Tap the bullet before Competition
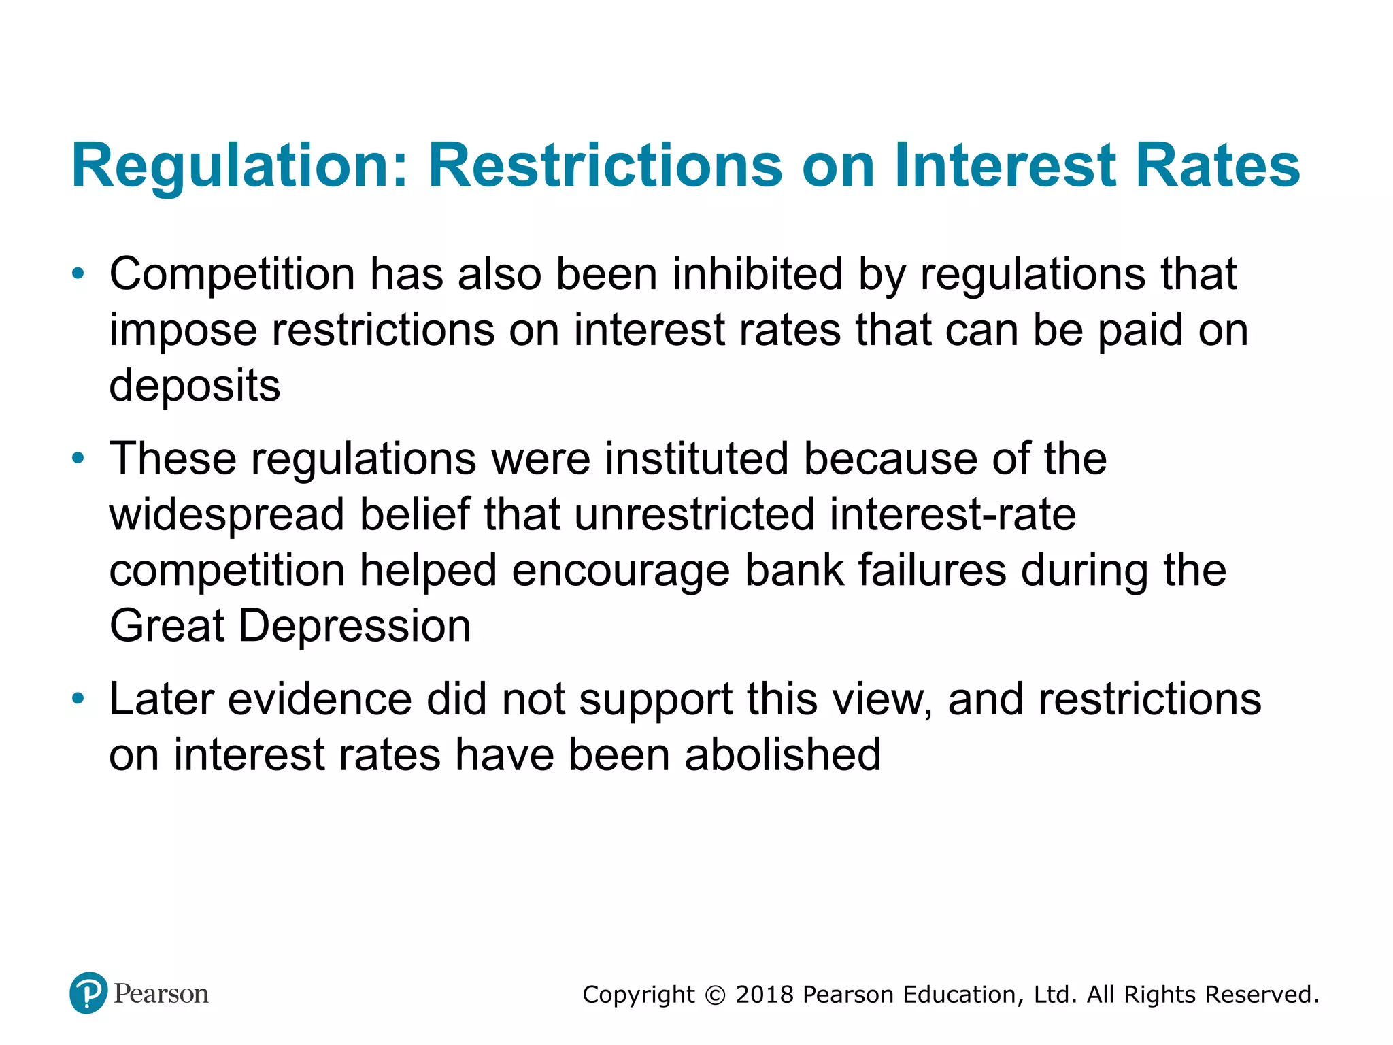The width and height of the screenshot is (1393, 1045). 79,274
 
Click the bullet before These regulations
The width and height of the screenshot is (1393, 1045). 79,459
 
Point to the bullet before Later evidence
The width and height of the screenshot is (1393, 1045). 79,699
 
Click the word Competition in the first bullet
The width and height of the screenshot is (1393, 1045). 232,276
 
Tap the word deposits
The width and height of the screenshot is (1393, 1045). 195,386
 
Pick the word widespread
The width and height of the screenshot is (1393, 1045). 226,515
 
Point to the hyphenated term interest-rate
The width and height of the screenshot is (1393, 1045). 952,514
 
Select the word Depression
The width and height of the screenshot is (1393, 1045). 354,627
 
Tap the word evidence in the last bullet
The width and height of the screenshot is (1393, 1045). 320,699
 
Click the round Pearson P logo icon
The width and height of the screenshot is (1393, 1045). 88,993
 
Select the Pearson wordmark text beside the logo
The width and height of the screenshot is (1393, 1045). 161,994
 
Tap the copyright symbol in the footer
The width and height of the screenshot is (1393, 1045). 715,995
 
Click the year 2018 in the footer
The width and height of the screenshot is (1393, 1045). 765,995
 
